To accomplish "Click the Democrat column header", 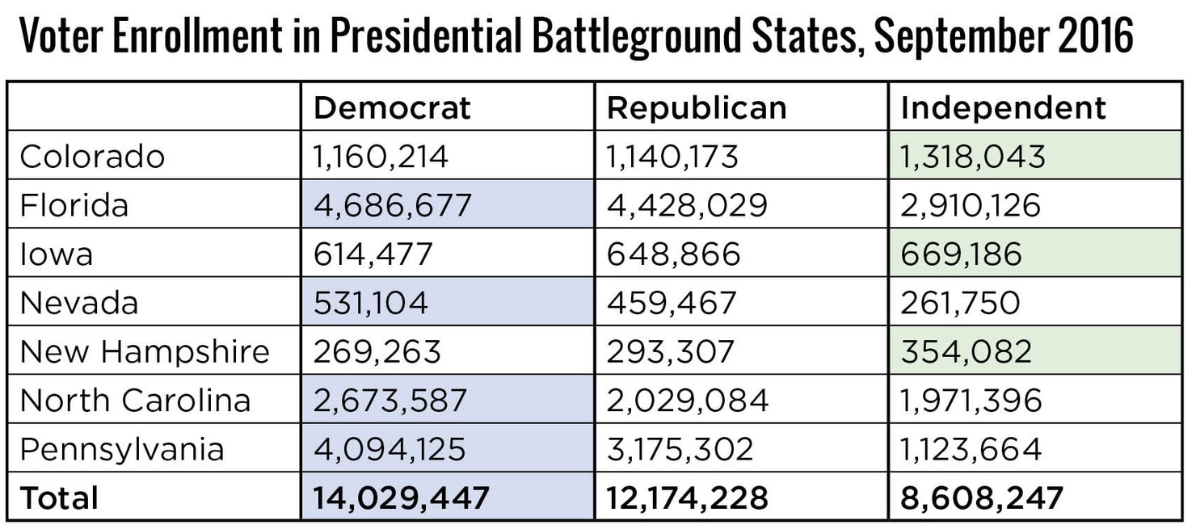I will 392,107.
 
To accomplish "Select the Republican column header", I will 696,107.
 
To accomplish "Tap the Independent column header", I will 1003,107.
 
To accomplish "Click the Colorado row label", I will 92,156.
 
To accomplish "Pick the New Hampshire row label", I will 145,351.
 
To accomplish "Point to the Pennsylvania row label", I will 122,449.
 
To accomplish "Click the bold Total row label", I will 59,498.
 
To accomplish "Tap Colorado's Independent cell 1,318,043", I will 973,156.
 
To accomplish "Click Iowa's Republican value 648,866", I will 673,254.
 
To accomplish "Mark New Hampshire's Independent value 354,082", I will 966,351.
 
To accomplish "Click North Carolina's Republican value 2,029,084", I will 688,401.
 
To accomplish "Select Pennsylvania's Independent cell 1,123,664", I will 971,449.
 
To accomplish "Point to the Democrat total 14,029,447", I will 401,498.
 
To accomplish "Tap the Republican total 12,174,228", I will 687,498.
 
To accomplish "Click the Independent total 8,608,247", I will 982,498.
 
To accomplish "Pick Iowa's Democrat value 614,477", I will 373,254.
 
